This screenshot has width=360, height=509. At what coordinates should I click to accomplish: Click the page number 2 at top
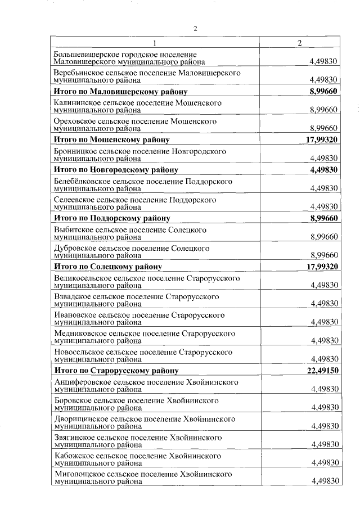(195, 29)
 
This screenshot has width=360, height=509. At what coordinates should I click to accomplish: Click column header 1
(155, 43)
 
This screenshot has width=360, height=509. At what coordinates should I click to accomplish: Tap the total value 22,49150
(322, 371)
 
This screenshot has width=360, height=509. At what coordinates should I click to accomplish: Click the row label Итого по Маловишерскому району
(120, 91)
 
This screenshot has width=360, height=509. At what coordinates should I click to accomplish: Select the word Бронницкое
(75, 151)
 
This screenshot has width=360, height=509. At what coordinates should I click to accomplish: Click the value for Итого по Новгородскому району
(324, 169)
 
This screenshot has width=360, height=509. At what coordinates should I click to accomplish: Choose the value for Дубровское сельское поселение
(324, 255)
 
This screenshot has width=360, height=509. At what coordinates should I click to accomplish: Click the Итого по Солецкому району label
(107, 267)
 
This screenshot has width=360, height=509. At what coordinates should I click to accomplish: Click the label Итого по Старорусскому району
(116, 371)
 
